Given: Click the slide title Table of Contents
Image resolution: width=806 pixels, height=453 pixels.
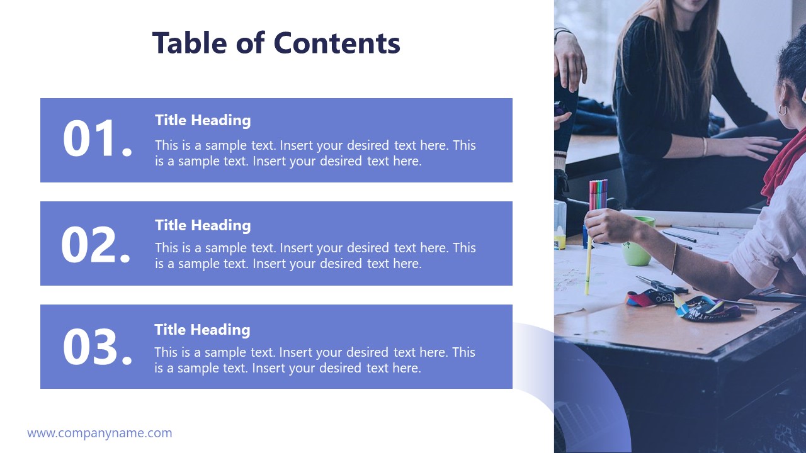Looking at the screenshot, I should click(276, 43).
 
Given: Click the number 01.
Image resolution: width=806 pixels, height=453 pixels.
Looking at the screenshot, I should click(98, 139).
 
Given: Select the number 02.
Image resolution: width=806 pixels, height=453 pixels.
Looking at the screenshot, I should click(96, 245).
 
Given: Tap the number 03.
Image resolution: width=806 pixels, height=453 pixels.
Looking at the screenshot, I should click(98, 347).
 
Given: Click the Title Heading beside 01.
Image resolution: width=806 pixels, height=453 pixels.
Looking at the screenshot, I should click(203, 120).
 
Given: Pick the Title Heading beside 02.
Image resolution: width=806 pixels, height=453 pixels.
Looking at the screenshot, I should click(203, 225).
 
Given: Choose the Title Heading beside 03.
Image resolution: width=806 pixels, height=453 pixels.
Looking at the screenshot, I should click(202, 330).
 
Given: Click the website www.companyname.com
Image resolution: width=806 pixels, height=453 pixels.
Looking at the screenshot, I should click(99, 433).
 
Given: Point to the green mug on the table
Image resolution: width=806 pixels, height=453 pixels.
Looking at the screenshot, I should click(637, 242).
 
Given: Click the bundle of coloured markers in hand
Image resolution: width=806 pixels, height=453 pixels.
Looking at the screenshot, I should click(598, 194).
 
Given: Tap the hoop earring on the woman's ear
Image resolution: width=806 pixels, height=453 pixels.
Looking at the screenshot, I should click(783, 109).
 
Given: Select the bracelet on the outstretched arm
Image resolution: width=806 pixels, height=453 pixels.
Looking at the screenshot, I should click(674, 258).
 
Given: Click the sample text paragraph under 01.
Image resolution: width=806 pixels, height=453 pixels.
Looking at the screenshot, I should click(315, 153).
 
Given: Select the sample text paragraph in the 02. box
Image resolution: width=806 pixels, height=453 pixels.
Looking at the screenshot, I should click(315, 255).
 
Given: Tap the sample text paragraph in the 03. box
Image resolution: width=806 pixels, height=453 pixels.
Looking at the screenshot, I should click(315, 360).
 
